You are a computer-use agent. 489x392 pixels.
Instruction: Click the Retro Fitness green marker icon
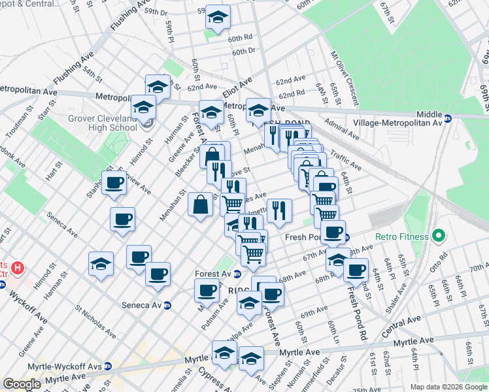click(440, 235)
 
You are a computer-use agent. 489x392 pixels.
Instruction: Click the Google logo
click(22, 384)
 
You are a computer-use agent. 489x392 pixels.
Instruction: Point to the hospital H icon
click(18, 268)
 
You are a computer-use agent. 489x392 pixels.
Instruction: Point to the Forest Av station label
click(214, 274)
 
